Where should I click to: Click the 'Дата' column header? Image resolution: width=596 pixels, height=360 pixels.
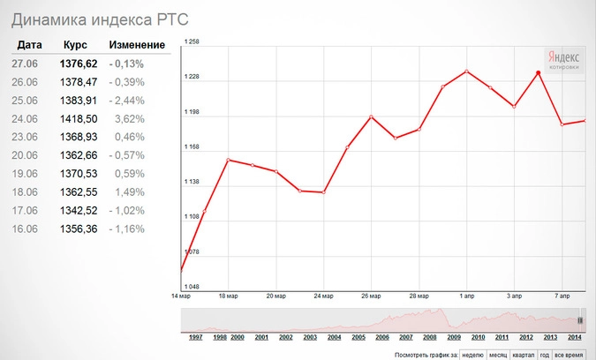[x=29, y=45]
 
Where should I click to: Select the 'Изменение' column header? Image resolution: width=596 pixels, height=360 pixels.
[x=137, y=45]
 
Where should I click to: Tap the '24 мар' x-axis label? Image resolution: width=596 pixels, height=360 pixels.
[x=324, y=296]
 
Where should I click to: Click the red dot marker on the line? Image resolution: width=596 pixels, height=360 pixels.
[x=538, y=73]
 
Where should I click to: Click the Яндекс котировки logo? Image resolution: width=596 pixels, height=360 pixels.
[x=563, y=57]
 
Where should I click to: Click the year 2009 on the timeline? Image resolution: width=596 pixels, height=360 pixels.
[x=453, y=337]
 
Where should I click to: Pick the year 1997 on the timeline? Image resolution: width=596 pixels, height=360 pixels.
[x=197, y=337]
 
